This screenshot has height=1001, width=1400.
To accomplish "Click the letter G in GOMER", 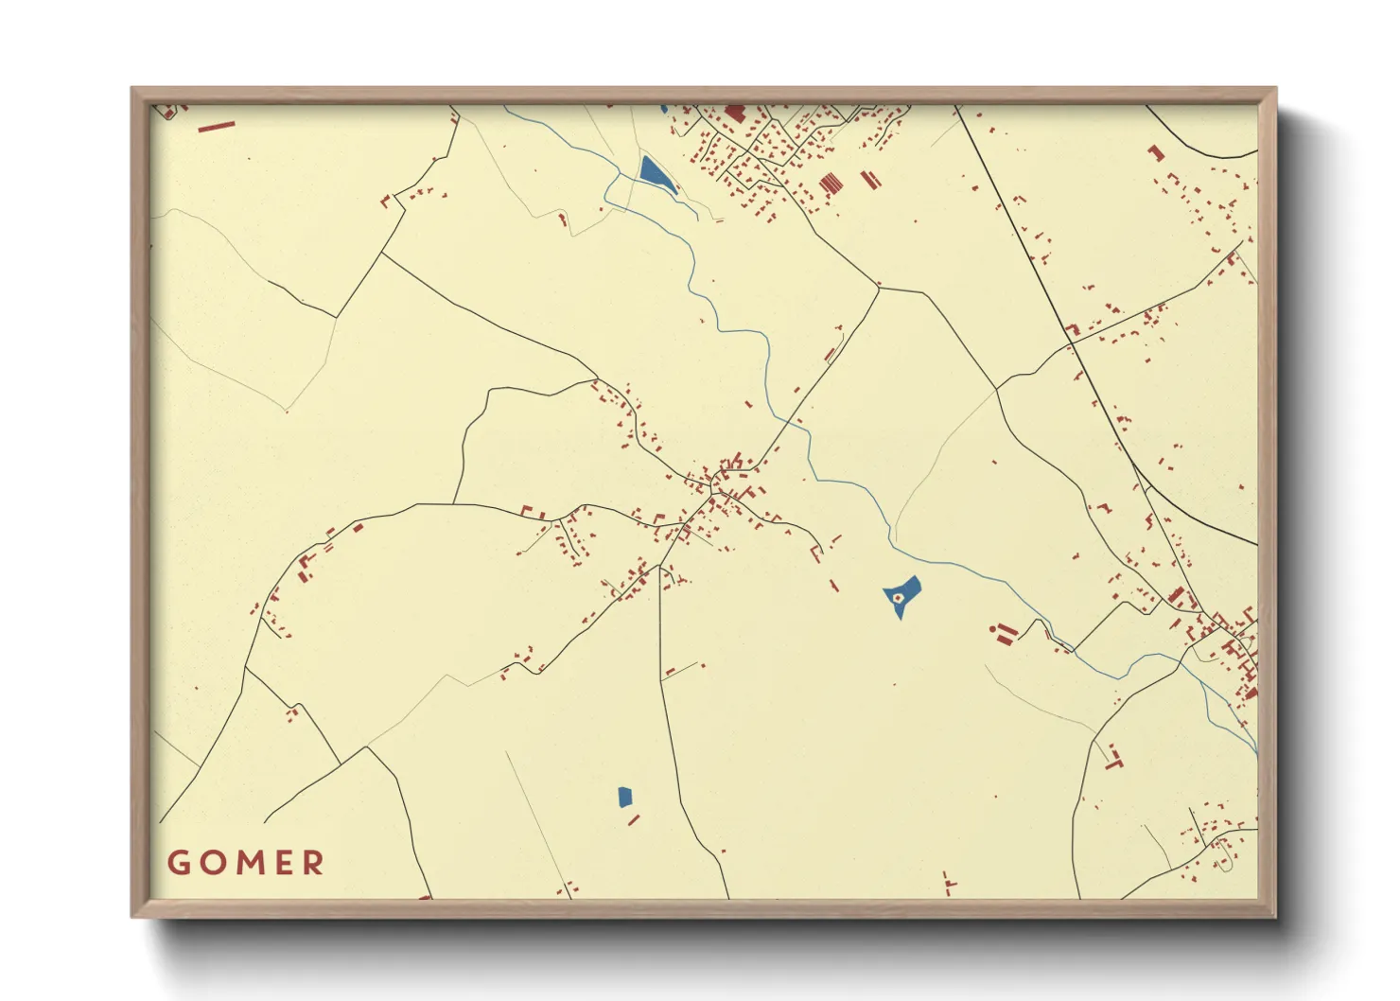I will click(180, 863).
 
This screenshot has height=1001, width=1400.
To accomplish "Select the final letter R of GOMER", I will click(312, 863).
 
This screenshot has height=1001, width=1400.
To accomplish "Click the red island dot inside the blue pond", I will click(896, 597).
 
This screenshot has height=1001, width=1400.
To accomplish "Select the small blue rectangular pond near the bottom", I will click(624, 797).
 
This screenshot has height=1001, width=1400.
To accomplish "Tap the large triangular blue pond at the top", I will click(653, 174).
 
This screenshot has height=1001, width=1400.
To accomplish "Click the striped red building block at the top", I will click(831, 183).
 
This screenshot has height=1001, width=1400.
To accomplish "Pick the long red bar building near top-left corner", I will click(216, 126).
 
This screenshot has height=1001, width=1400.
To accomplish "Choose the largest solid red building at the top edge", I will click(735, 113).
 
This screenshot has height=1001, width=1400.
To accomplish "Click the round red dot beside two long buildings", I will click(991, 628).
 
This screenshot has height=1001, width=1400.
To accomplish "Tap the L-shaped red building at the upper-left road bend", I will click(385, 201).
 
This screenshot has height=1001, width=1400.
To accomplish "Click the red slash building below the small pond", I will click(633, 819).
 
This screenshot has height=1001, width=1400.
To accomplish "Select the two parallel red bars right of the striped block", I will click(869, 179).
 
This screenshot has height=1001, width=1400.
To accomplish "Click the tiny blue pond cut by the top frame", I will click(664, 109).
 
